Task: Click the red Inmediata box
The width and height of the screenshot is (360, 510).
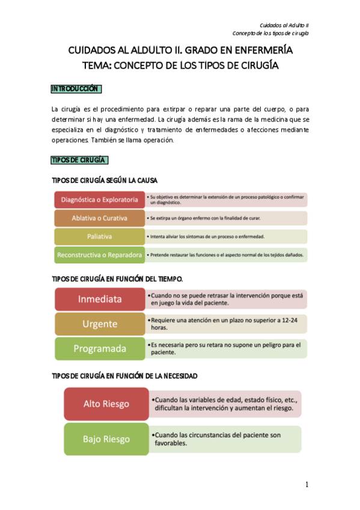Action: (99, 299)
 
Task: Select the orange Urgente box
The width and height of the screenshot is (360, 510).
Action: (99, 324)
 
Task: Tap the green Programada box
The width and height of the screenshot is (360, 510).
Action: (99, 348)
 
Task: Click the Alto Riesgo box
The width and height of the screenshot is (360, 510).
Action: (106, 403)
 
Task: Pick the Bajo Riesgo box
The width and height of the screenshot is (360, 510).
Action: (106, 438)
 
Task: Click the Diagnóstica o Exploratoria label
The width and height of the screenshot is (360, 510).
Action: (100, 200)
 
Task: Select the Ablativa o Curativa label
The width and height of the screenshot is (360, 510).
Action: (100, 218)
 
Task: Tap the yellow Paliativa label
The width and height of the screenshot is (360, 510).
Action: (100, 236)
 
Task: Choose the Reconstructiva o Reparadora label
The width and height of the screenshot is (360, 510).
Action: (100, 255)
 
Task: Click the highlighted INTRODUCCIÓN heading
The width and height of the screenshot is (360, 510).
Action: (75, 89)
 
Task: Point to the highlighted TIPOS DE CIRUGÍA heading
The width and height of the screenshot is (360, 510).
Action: (79, 160)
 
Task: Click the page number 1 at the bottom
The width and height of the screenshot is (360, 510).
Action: (307, 485)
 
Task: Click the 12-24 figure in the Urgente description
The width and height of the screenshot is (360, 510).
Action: (287, 320)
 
